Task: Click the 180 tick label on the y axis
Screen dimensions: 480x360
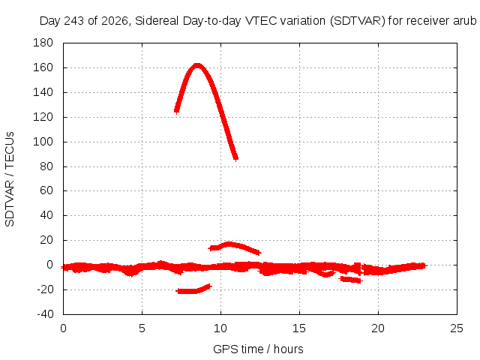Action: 43,43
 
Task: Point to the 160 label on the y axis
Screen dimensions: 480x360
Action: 43,67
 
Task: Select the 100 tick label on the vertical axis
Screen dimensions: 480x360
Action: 43,142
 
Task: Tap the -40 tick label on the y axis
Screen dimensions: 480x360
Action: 45,314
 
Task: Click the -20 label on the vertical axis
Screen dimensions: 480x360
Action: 45,289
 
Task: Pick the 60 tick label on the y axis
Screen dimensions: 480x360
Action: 46,190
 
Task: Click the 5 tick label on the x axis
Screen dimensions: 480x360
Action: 142,328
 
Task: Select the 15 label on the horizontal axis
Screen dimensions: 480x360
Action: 299,328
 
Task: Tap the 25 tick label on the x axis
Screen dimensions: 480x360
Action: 457,328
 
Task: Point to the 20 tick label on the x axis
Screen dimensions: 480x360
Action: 378,328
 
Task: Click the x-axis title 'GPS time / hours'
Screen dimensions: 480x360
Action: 258,349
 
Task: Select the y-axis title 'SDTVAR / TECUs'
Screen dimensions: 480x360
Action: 10,179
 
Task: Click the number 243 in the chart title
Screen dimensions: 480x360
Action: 74,21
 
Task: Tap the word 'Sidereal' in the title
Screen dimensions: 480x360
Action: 157,21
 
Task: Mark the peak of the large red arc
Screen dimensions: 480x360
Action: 197,65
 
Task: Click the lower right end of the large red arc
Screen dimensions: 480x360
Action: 235,158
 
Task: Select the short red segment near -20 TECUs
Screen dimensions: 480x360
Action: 193,290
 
